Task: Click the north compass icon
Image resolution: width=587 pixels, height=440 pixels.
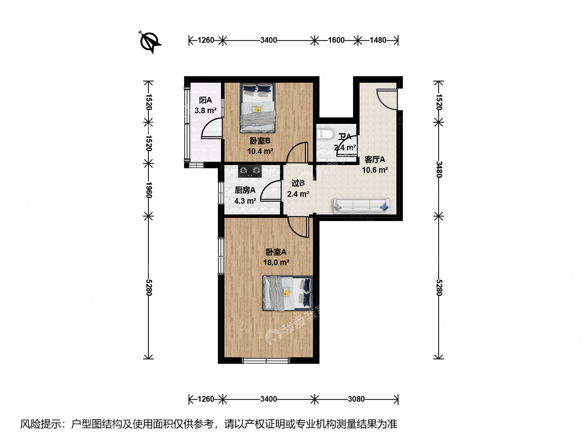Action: tap(150, 42)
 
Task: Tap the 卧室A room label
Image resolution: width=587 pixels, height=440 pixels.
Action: tap(276, 252)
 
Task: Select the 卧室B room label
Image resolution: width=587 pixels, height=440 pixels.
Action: tap(260, 141)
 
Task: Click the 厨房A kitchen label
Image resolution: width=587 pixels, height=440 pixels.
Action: tap(245, 190)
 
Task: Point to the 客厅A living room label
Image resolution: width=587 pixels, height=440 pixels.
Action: tap(375, 160)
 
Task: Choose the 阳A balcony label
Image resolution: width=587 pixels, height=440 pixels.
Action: tap(205, 100)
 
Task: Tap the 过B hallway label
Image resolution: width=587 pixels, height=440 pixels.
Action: tap(298, 183)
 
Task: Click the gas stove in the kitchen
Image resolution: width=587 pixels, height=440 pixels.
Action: tap(250, 171)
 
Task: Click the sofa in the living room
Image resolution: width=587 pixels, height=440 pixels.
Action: tap(361, 206)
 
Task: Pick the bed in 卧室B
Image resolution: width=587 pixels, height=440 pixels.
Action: tap(257, 108)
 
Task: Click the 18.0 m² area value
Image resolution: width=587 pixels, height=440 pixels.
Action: tap(276, 263)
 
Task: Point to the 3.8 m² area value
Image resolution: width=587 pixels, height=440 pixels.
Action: tap(205, 111)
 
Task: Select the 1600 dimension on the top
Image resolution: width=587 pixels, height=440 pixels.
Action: tap(336, 40)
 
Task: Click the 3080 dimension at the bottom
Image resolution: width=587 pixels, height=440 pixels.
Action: tap(356, 399)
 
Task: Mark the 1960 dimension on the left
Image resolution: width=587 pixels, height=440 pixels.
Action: tap(148, 190)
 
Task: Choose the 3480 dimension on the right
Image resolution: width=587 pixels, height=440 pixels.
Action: tap(439, 169)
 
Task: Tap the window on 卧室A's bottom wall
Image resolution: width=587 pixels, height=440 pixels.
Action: tap(266, 360)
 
